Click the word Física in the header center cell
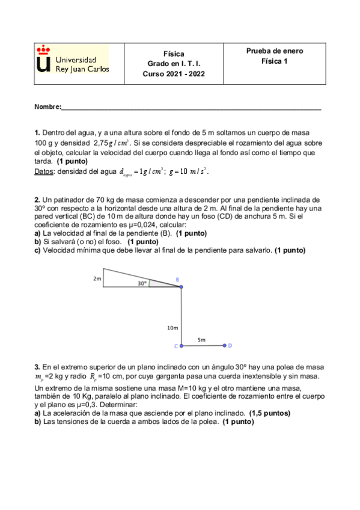tap(174, 54)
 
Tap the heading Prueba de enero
tap(275, 51)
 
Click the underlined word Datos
tap(45, 171)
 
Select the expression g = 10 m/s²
tap(189, 171)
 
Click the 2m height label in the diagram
tap(97, 279)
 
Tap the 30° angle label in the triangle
tap(142, 282)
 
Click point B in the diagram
tap(180, 287)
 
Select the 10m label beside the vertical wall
tap(172, 328)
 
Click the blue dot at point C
tap(182, 346)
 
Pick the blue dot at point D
tap(224, 345)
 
